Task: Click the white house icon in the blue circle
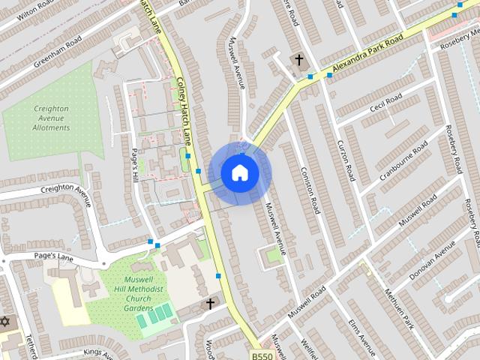tap(239, 173)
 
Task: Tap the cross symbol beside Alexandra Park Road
tap(298, 59)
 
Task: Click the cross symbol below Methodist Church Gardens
tap(211, 304)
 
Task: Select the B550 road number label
tap(262, 356)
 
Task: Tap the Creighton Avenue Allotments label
tap(52, 118)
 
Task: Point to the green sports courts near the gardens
tap(153, 318)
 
